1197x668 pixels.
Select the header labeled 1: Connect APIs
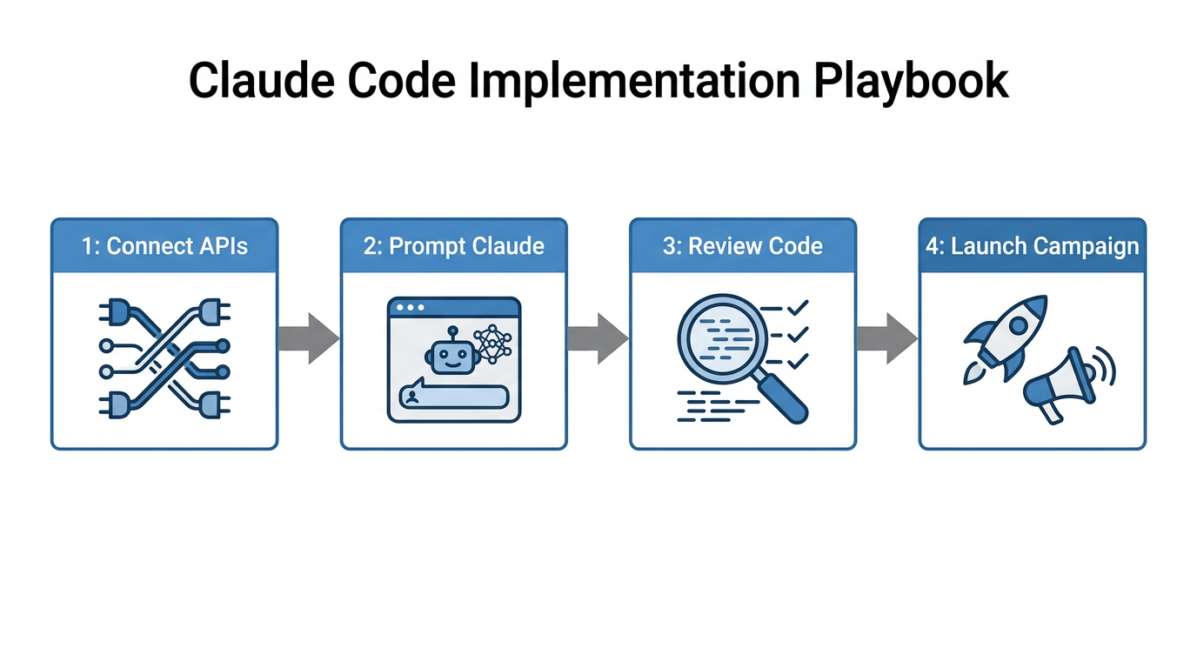coord(164,246)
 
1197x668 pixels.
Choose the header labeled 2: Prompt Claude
coord(453,246)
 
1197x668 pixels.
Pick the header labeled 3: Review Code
coord(742,246)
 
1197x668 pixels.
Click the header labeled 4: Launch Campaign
coord(1032,246)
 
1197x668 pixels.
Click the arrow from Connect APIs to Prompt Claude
coord(309,337)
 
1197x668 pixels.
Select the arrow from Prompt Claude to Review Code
coord(598,337)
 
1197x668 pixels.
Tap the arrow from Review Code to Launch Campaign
coord(886,337)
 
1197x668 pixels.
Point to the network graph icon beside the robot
coord(492,346)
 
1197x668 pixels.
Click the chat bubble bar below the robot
coord(452,397)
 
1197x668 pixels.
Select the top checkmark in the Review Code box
coord(798,307)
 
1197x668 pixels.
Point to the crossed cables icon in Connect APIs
coord(164,358)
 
